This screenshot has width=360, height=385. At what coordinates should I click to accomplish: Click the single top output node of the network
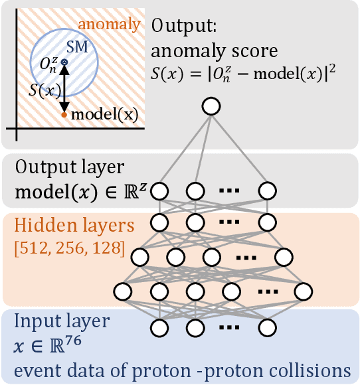[x=211, y=106]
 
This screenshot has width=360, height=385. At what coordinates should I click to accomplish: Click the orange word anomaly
[x=110, y=25]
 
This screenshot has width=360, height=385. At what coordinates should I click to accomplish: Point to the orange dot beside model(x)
[x=64, y=114]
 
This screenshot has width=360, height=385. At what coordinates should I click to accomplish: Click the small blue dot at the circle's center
[x=64, y=62]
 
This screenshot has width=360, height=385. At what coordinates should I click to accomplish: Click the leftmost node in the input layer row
[x=159, y=327]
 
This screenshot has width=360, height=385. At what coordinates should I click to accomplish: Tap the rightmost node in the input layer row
[x=267, y=327]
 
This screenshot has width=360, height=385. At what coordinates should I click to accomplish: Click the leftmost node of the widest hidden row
[x=122, y=291]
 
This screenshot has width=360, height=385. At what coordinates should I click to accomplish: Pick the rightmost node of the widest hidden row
[x=303, y=291]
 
